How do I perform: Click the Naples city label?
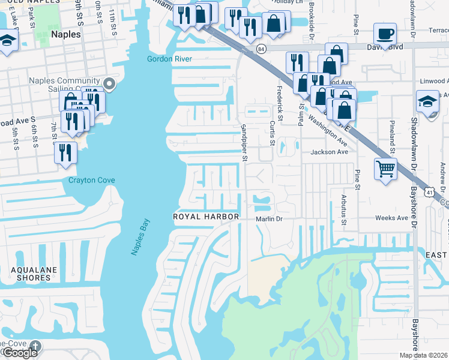pos(66,35)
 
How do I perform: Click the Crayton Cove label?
pos(91,181)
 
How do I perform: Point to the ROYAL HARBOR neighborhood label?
pos(206,216)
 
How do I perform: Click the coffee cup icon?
pos(385,34)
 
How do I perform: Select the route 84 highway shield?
pos(261,48)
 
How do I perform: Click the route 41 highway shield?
pos(429,191)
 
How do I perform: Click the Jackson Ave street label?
pos(329,152)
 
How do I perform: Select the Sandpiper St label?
pos(244,143)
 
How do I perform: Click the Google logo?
pos(20,353)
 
